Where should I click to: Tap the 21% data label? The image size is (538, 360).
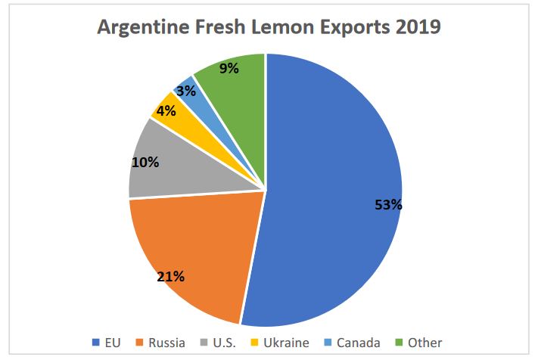point(171,275)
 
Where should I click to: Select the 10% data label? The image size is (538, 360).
point(145,163)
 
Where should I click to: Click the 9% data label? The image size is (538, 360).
point(229,68)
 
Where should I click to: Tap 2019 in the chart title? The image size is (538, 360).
point(415,28)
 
